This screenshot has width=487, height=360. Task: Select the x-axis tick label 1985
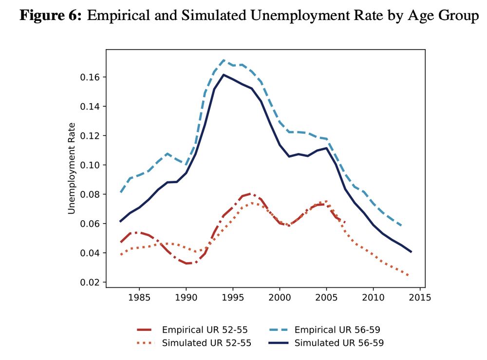139,298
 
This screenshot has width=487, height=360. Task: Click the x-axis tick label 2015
420,298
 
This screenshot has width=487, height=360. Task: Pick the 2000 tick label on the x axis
280,298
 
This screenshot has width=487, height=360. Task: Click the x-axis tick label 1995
233,298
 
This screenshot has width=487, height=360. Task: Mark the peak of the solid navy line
224,75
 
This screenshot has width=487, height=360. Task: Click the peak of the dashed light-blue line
224,60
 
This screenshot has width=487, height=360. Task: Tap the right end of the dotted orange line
408,276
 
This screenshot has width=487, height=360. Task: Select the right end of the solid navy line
412,252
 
